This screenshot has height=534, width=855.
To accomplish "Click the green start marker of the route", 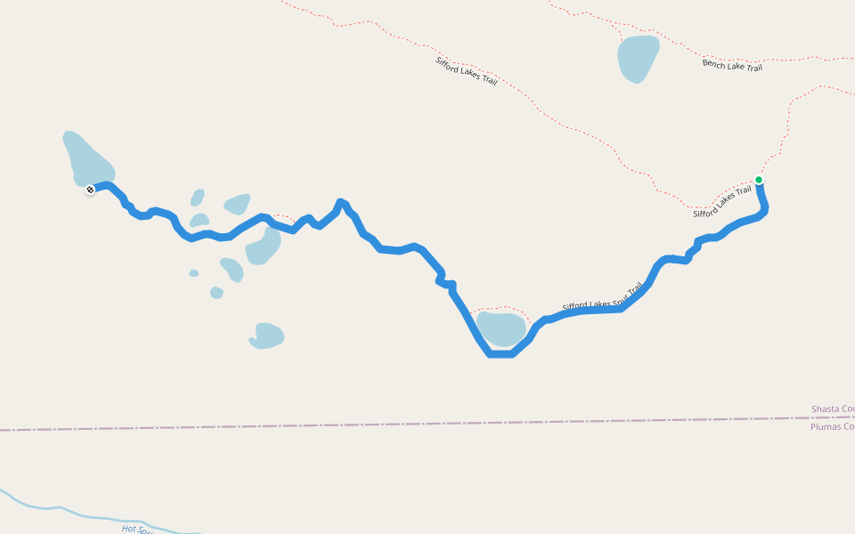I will coord(759,180).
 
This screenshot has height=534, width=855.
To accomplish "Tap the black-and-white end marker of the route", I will coord(90,190).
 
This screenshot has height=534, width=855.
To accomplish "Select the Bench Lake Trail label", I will coord(732,65).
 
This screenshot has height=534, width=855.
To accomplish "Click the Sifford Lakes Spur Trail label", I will coord(602,299).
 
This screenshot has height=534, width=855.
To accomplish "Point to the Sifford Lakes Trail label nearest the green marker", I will coord(722,201).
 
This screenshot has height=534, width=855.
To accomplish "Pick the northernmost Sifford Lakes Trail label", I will coord(466,71).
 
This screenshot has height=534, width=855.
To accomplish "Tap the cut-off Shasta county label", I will coord(832,409).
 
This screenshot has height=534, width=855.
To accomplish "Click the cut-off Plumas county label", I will coord(832,426).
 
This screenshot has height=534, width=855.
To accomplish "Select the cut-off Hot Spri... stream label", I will coord(137,529).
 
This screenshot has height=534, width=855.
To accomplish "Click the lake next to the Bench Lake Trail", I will coord(638,58).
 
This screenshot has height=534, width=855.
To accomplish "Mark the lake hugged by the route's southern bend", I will coord(501,328).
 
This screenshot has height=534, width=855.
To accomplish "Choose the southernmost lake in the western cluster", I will coord(266,336).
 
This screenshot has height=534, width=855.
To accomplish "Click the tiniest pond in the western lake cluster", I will coord(193,273).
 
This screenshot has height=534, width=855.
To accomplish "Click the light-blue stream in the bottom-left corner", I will coord(53,510).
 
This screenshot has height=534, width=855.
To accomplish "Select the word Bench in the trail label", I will coord(714,63).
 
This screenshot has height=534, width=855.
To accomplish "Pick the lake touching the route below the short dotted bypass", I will coord(263,247).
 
